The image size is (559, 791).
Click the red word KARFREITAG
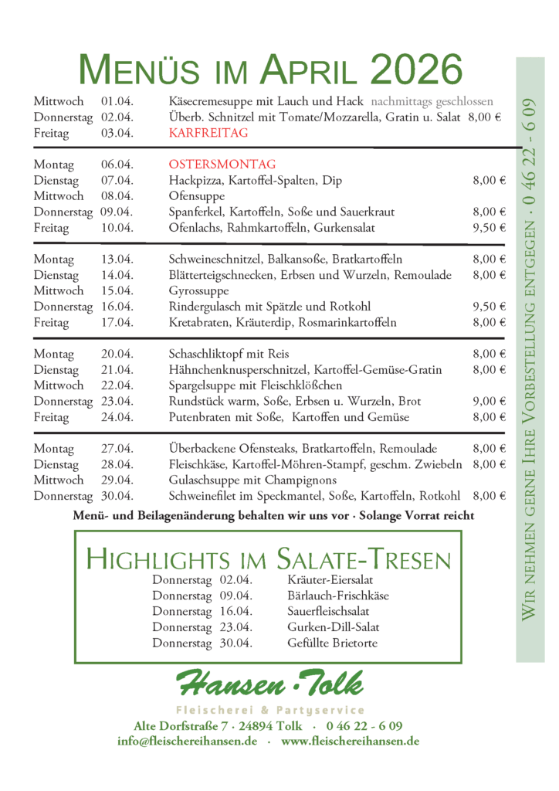208,134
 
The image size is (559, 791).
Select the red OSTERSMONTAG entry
222,165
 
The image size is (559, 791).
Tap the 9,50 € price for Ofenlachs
489,228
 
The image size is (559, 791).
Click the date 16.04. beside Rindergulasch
117,307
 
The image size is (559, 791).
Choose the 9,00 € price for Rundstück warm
489,402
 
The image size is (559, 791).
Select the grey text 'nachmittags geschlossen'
432,102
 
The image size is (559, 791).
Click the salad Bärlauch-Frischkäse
338,596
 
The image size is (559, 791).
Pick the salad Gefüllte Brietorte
332,643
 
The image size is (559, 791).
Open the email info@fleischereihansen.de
188,741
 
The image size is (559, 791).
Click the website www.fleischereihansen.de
350,741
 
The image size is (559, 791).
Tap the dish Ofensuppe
197,196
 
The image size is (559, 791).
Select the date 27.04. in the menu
117,449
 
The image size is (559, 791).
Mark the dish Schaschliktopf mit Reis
225,354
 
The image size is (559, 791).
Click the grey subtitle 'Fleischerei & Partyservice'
270,710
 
